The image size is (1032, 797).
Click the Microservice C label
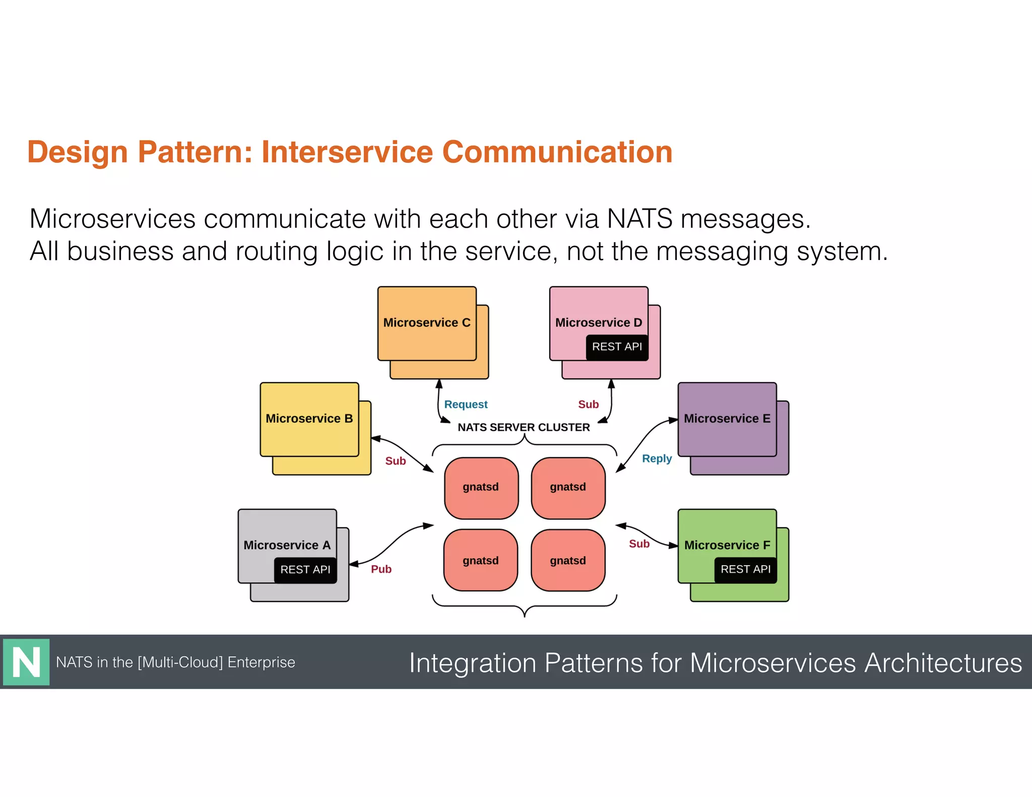[426, 322]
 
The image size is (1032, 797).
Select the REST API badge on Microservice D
[617, 347]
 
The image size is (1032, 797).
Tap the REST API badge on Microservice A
[305, 569]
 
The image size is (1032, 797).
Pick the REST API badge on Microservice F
[745, 569]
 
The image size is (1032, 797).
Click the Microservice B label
[309, 419]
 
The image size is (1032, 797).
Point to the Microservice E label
[727, 419]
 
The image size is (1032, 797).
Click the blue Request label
[466, 405]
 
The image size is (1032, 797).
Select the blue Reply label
[657, 458]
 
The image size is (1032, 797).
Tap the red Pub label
[381, 569]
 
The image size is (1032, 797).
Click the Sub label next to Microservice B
[395, 461]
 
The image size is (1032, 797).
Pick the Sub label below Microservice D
[588, 405]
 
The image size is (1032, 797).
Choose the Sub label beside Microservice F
[639, 544]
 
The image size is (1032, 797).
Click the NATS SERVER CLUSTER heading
[524, 427]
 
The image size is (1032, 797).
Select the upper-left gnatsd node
[481, 487]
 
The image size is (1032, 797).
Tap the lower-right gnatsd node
[568, 561]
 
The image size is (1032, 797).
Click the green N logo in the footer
[26, 662]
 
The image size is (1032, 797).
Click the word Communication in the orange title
[557, 152]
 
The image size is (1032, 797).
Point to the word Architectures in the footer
[943, 662]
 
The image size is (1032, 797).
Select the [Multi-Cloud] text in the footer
[180, 662]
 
